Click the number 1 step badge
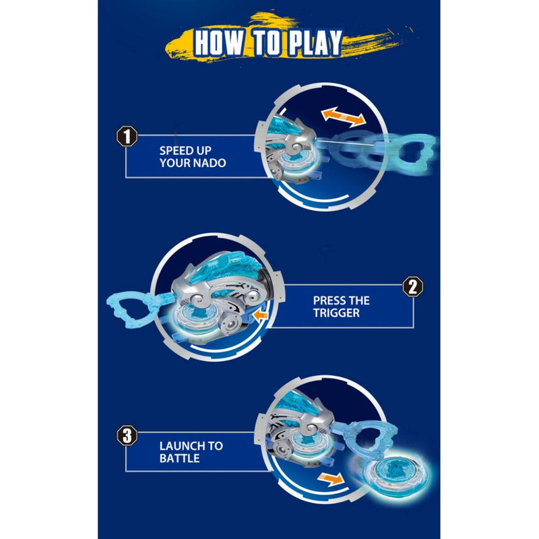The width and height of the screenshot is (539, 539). [x=127, y=137]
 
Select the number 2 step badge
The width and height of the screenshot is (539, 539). [x=412, y=286]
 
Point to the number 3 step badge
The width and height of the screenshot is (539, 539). [x=127, y=435]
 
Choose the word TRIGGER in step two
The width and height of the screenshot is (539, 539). [x=336, y=313]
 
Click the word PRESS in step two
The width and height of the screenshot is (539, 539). [x=328, y=300]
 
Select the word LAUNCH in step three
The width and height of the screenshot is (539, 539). [x=181, y=446]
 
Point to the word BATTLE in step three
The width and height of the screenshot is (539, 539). [x=179, y=458]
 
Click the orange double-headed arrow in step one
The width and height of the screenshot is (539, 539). [x=344, y=117]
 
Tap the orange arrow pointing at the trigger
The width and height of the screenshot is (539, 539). [x=260, y=315]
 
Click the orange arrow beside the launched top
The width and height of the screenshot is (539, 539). [x=330, y=479]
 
